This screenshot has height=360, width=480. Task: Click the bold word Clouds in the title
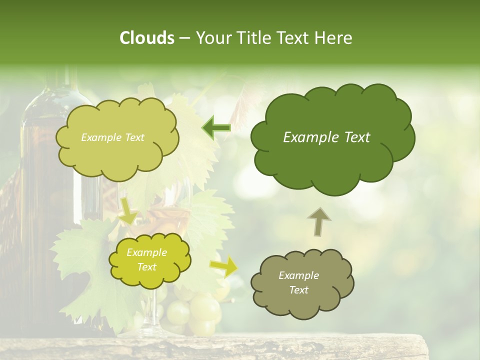[x=146, y=38]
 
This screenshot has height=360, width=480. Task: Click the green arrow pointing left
[x=216, y=127]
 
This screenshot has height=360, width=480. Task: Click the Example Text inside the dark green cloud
[x=326, y=137]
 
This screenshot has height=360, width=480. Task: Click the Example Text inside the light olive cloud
[x=112, y=137]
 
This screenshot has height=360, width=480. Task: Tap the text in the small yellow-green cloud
[x=147, y=259]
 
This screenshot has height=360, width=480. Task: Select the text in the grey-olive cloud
[x=298, y=282]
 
